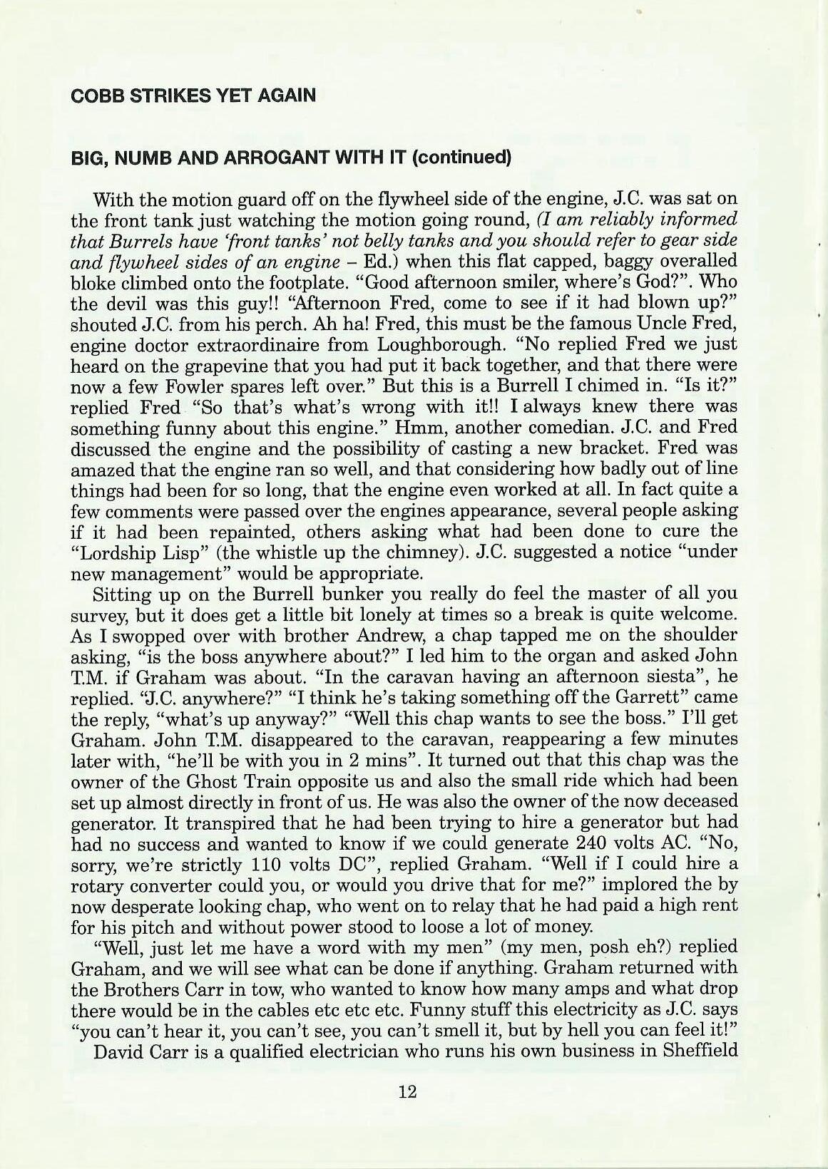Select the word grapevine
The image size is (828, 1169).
click(242, 366)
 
